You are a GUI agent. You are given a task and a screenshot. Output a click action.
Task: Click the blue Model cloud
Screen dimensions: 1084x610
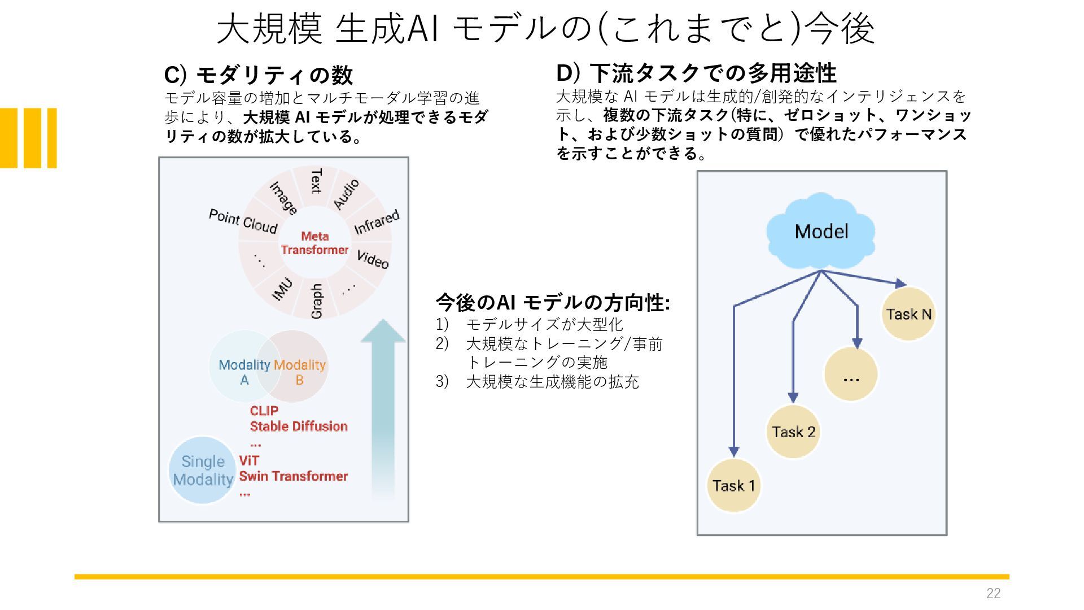tap(821, 231)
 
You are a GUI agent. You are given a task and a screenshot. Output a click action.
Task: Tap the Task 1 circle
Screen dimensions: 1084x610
tap(733, 485)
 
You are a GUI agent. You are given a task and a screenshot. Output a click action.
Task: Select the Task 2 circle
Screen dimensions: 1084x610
tap(793, 432)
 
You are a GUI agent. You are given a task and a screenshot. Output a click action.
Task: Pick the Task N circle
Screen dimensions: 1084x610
tap(908, 313)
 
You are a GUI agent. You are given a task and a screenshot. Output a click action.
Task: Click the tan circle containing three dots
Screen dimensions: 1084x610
tap(851, 374)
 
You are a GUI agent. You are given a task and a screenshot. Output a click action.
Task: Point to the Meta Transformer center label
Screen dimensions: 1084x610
tap(314, 243)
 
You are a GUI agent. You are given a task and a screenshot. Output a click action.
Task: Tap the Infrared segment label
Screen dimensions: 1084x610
tap(377, 221)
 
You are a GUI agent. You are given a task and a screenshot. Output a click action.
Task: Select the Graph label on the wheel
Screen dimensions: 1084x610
tap(316, 301)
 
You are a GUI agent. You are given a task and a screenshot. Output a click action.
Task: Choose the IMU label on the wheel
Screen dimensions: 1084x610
tap(282, 289)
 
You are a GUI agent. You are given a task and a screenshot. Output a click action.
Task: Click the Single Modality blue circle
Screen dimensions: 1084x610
tap(202, 470)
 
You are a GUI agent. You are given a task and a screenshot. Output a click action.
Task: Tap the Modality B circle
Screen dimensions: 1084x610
tap(296, 365)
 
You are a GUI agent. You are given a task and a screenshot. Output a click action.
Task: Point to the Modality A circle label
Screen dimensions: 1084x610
tap(244, 372)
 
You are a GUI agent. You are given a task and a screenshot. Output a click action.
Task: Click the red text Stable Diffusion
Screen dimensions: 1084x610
tap(298, 426)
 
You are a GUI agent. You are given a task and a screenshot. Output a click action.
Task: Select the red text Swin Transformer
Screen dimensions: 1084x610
tap(293, 476)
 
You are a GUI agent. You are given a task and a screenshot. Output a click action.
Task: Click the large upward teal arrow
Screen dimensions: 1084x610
tap(383, 409)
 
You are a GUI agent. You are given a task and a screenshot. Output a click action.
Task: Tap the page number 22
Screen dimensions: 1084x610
tap(993, 593)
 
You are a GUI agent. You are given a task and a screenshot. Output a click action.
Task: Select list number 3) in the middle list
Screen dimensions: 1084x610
tap(442, 382)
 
